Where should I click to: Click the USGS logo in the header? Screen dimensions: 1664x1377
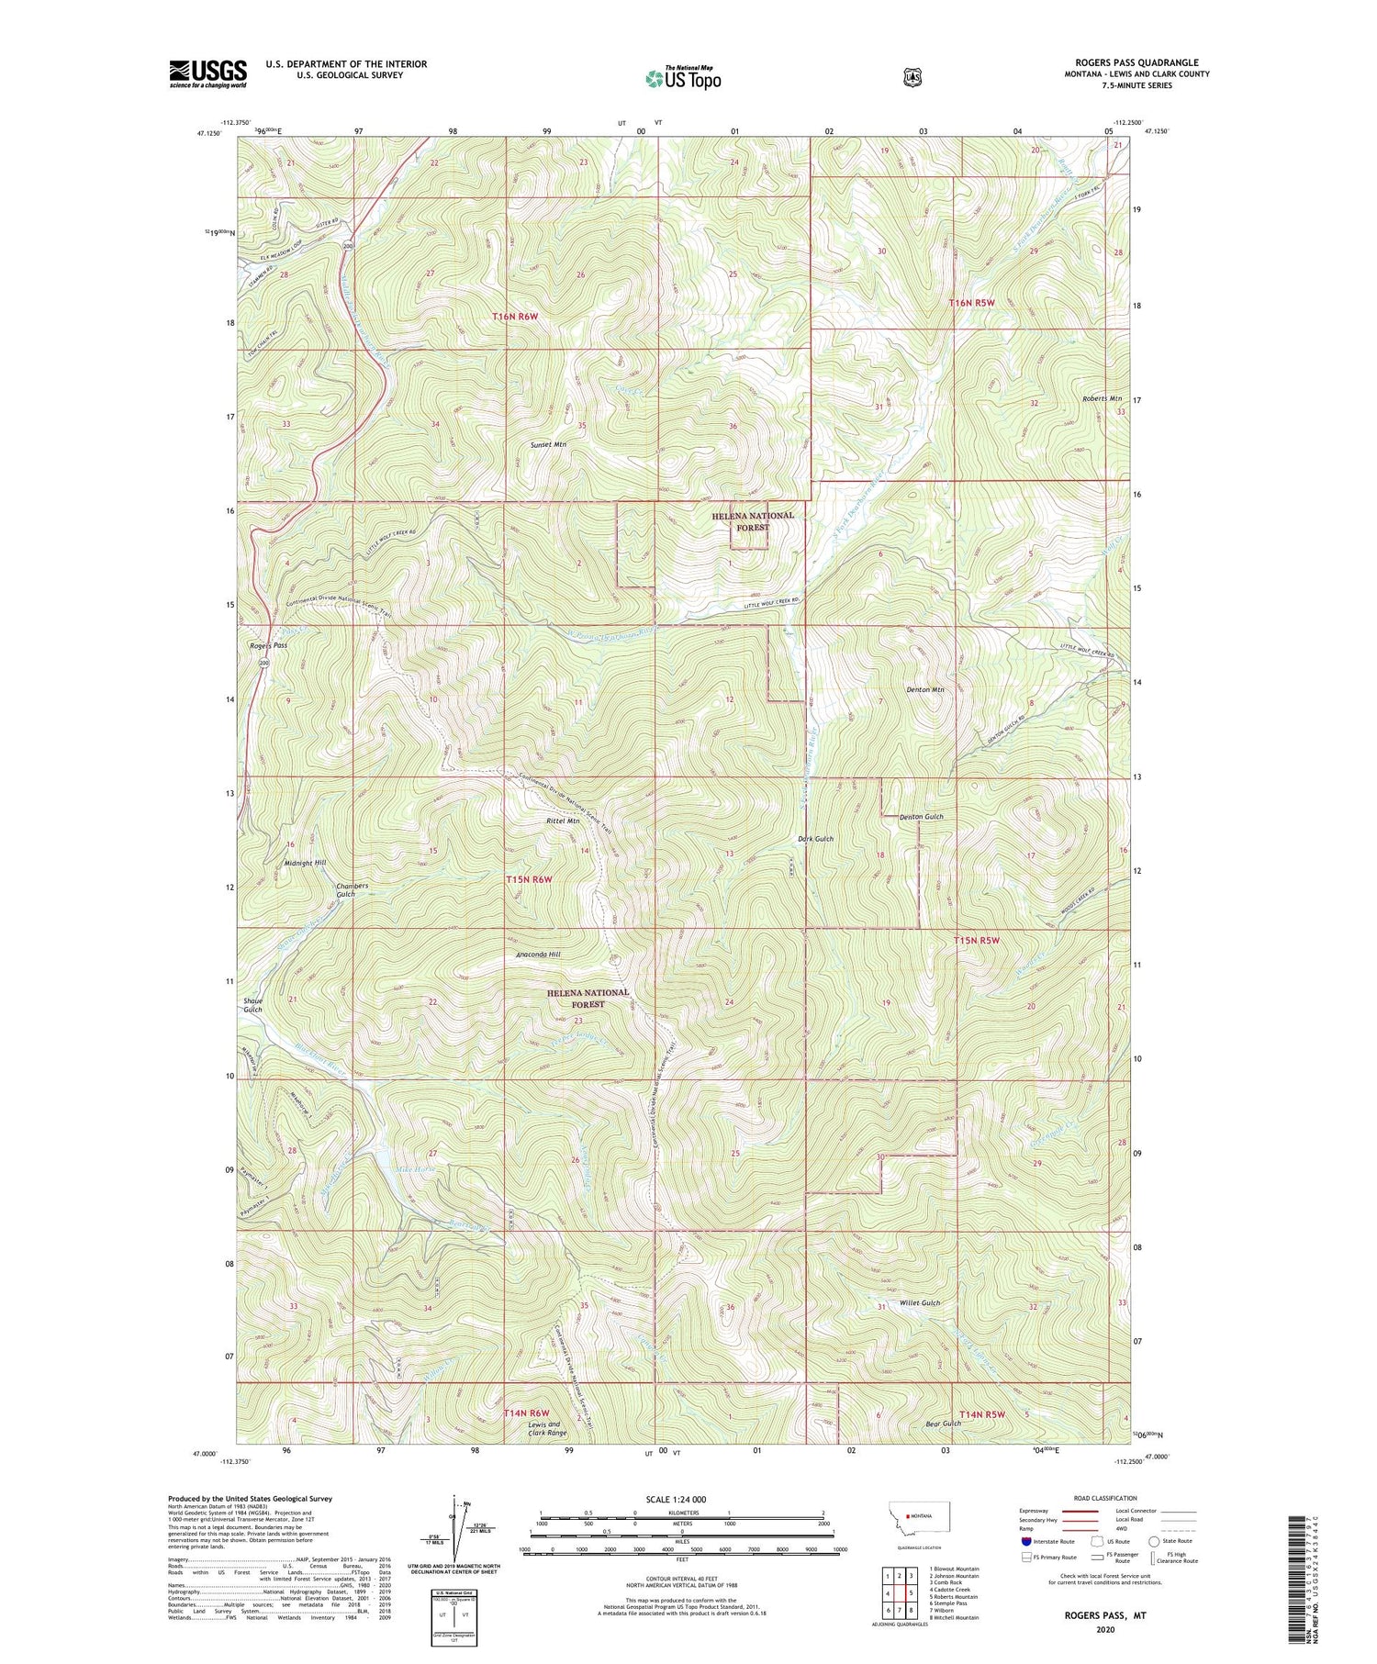coord(208,73)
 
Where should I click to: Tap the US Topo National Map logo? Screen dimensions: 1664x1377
coord(683,77)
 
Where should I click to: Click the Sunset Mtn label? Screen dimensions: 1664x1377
coord(548,444)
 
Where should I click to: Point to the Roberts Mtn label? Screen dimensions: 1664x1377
coord(1102,399)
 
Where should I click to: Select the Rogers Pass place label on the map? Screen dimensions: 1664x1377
coord(268,645)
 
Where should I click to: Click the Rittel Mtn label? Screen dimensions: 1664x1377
coord(563,821)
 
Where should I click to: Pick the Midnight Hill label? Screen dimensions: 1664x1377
coord(306,863)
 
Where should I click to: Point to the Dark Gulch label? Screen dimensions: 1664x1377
coord(815,839)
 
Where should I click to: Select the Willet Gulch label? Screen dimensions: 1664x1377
coord(920,1302)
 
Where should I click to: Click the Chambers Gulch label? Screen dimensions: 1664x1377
coord(352,890)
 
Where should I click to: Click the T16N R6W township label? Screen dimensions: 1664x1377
coord(527,316)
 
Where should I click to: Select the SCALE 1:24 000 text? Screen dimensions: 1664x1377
coord(682,1499)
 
